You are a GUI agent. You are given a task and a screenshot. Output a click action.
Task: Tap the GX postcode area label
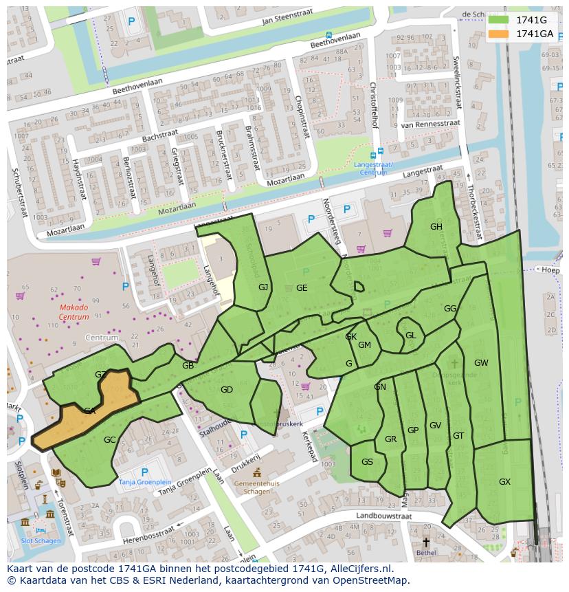(504, 482)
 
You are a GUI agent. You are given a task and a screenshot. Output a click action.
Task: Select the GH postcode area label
(436, 227)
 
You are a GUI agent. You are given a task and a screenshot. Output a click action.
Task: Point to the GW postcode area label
(481, 363)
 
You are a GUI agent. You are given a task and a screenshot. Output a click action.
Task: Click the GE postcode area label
(302, 288)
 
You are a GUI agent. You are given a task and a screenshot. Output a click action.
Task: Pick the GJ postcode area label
(263, 287)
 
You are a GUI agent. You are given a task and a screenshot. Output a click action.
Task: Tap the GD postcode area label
(227, 390)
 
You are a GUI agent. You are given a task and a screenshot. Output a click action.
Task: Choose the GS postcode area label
(367, 462)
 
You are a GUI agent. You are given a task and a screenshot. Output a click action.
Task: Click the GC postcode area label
(109, 440)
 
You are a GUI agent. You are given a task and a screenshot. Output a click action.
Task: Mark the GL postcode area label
(410, 336)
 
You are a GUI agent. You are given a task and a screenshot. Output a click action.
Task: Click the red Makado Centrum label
(74, 312)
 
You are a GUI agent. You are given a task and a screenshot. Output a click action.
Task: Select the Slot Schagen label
(41, 540)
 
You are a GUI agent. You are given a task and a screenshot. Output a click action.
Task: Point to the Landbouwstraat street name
(383, 516)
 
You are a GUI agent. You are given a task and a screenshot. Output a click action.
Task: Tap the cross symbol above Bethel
(426, 542)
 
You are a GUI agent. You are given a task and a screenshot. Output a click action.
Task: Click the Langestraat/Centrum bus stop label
(373, 168)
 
